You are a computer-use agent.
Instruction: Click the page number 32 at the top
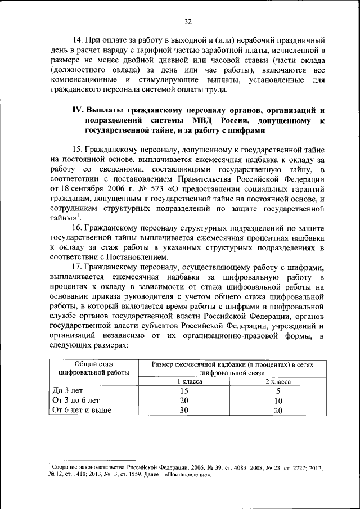click(x=187, y=21)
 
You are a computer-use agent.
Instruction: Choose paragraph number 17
click(x=78, y=267)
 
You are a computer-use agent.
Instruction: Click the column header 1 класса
click(x=183, y=381)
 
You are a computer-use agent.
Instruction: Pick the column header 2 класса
click(x=278, y=381)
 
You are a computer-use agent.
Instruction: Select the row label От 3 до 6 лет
click(x=76, y=400)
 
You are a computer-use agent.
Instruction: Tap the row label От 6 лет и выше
click(x=82, y=410)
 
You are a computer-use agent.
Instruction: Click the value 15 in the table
click(x=183, y=390)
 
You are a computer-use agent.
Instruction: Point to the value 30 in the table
click(x=183, y=410)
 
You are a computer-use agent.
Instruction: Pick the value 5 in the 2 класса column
click(x=278, y=390)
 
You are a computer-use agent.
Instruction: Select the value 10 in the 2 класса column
click(x=278, y=400)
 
